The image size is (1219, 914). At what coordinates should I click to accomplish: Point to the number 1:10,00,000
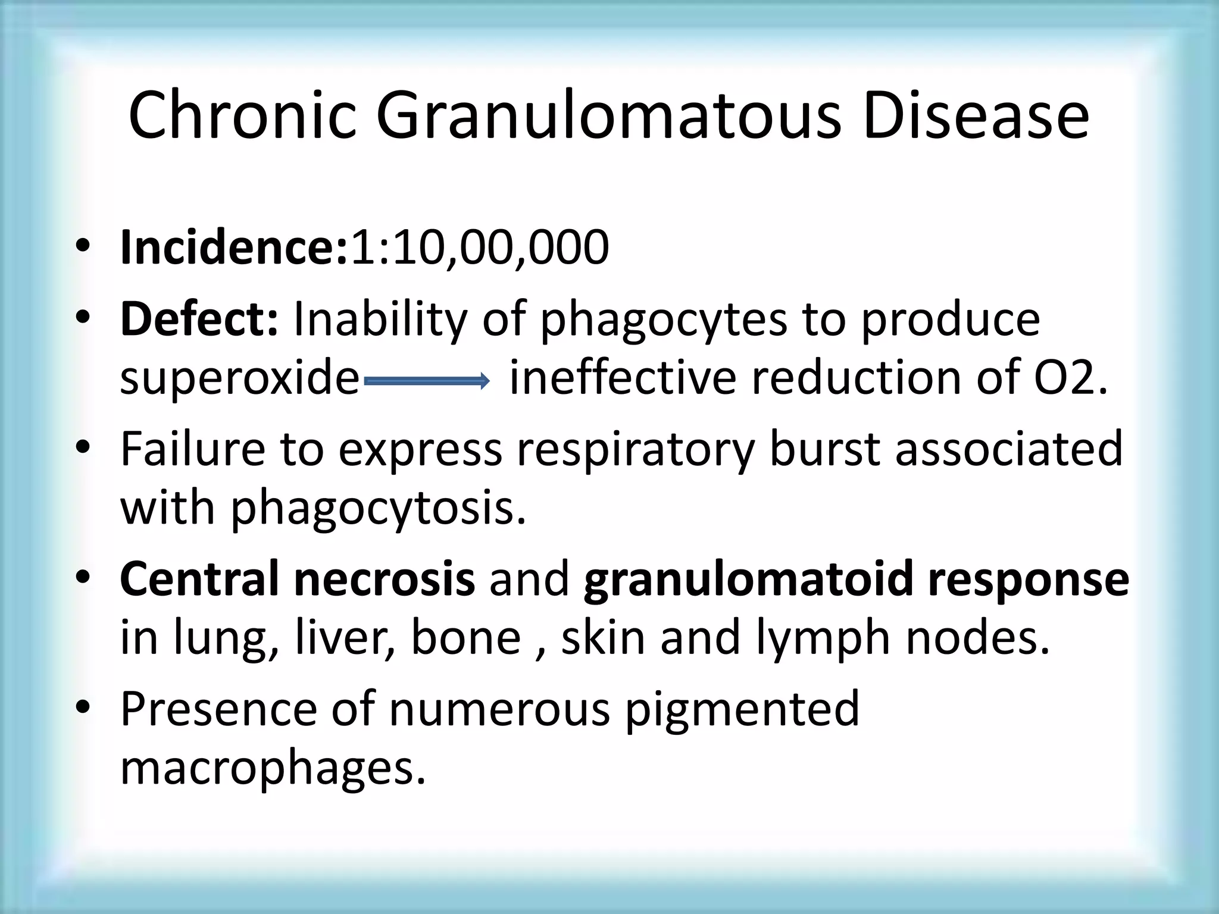pyautogui.click(x=480, y=248)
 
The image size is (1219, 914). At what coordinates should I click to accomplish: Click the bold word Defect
pyautogui.click(x=199, y=319)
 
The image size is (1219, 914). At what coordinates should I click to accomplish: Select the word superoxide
pyautogui.click(x=240, y=379)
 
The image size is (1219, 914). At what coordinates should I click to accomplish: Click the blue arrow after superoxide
pyautogui.click(x=426, y=380)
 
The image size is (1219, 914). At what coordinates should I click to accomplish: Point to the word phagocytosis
pyautogui.click(x=379, y=510)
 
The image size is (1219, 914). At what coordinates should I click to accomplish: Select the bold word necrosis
pyautogui.click(x=384, y=579)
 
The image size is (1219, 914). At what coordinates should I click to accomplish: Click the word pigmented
pyautogui.click(x=742, y=710)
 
